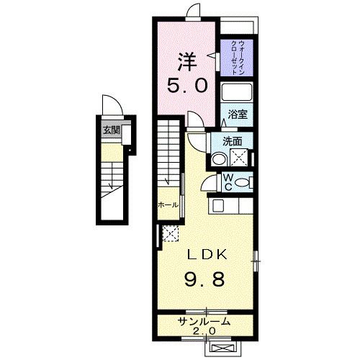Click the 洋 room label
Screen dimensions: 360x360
click(187, 62)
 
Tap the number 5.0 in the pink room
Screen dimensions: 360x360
click(187, 86)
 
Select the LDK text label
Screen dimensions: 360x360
click(207, 254)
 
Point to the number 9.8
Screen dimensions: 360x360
click(204, 279)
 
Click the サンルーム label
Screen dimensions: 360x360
click(204, 321)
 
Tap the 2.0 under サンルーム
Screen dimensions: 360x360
click(204, 331)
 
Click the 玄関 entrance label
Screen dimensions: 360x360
click(112, 130)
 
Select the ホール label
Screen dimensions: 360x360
click(168, 205)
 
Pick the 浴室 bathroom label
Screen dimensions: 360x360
click(238, 114)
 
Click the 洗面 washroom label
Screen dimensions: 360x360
click(232, 141)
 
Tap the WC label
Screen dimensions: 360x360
click(228, 182)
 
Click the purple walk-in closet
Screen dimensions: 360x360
click(237, 58)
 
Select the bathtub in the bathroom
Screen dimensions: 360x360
click(237, 92)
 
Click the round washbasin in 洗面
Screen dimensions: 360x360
click(219, 159)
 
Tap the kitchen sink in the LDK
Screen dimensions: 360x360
click(218, 206)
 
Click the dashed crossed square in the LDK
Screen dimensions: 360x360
click(171, 233)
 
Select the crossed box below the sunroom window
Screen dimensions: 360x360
click(222, 348)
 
